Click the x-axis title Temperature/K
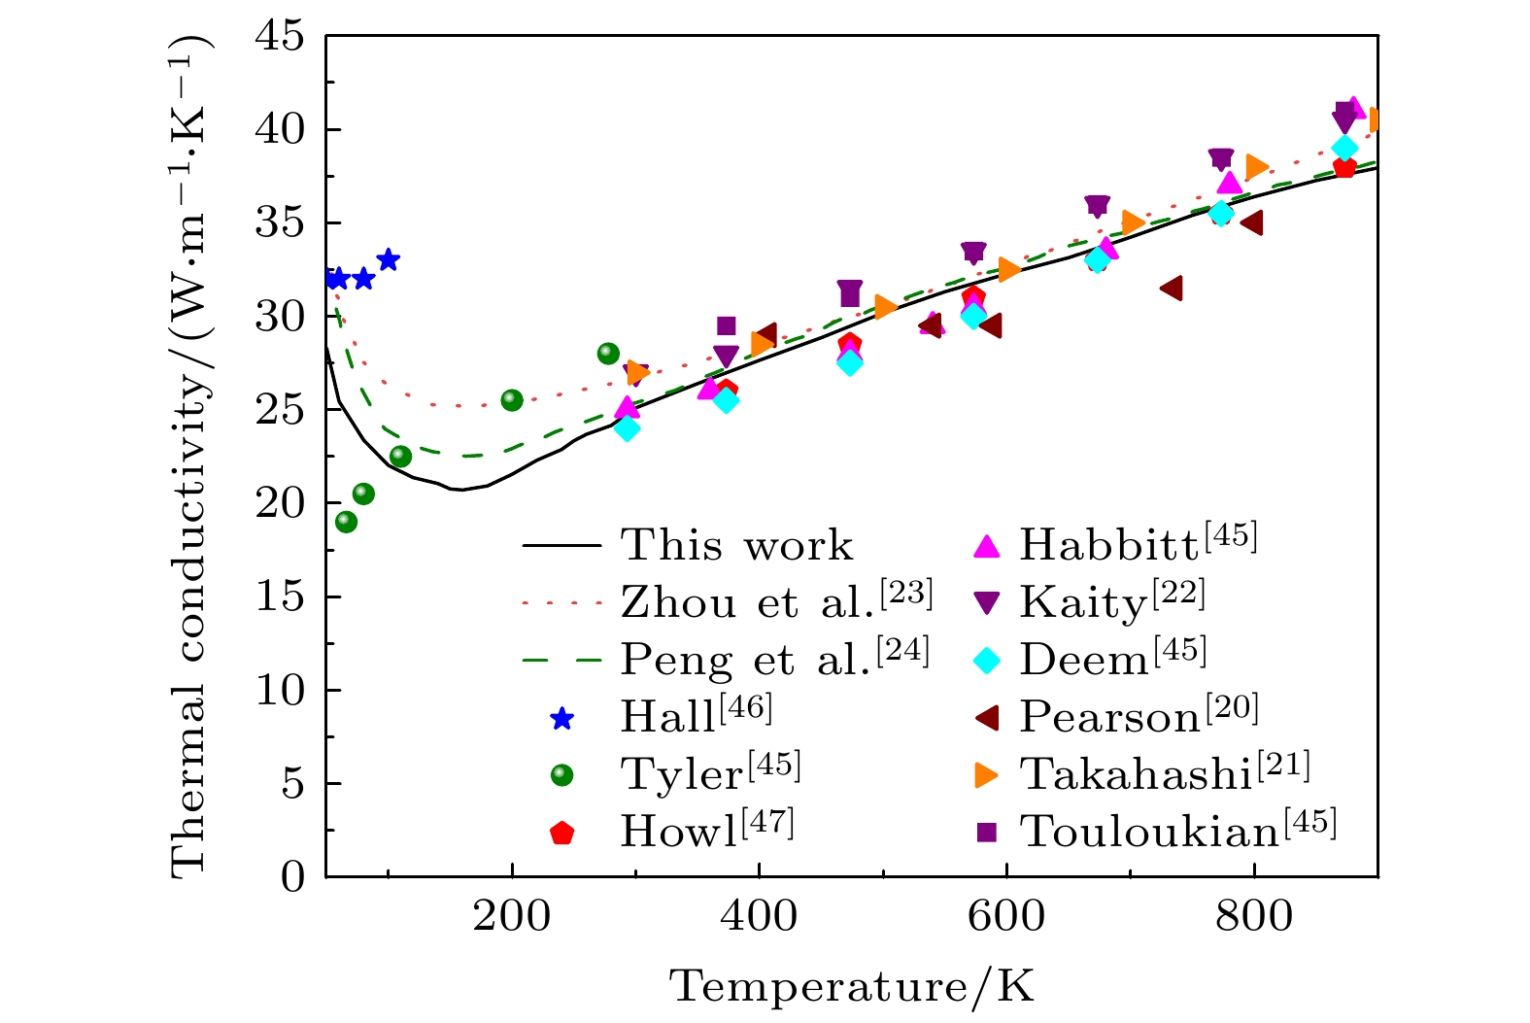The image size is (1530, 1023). [851, 987]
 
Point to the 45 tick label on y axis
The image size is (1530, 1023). [279, 37]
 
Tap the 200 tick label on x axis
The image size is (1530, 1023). [511, 916]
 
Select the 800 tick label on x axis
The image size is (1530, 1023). [1253, 916]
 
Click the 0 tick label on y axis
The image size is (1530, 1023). [292, 876]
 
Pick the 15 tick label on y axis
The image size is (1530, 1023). [279, 597]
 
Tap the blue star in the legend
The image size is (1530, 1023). [561, 719]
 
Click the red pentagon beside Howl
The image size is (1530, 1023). [561, 833]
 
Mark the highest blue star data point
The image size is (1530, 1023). [389, 259]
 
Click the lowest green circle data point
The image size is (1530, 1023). [346, 522]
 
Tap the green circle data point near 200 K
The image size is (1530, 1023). [512, 400]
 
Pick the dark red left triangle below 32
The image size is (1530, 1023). [1172, 288]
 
